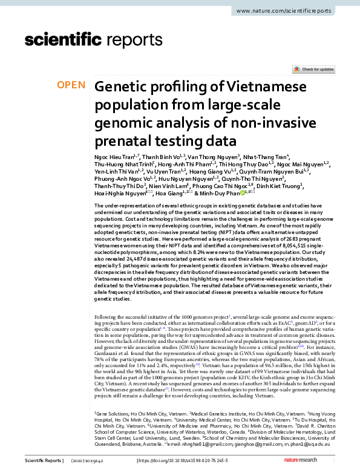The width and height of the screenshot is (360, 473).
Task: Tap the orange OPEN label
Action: click(x=71, y=85)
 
